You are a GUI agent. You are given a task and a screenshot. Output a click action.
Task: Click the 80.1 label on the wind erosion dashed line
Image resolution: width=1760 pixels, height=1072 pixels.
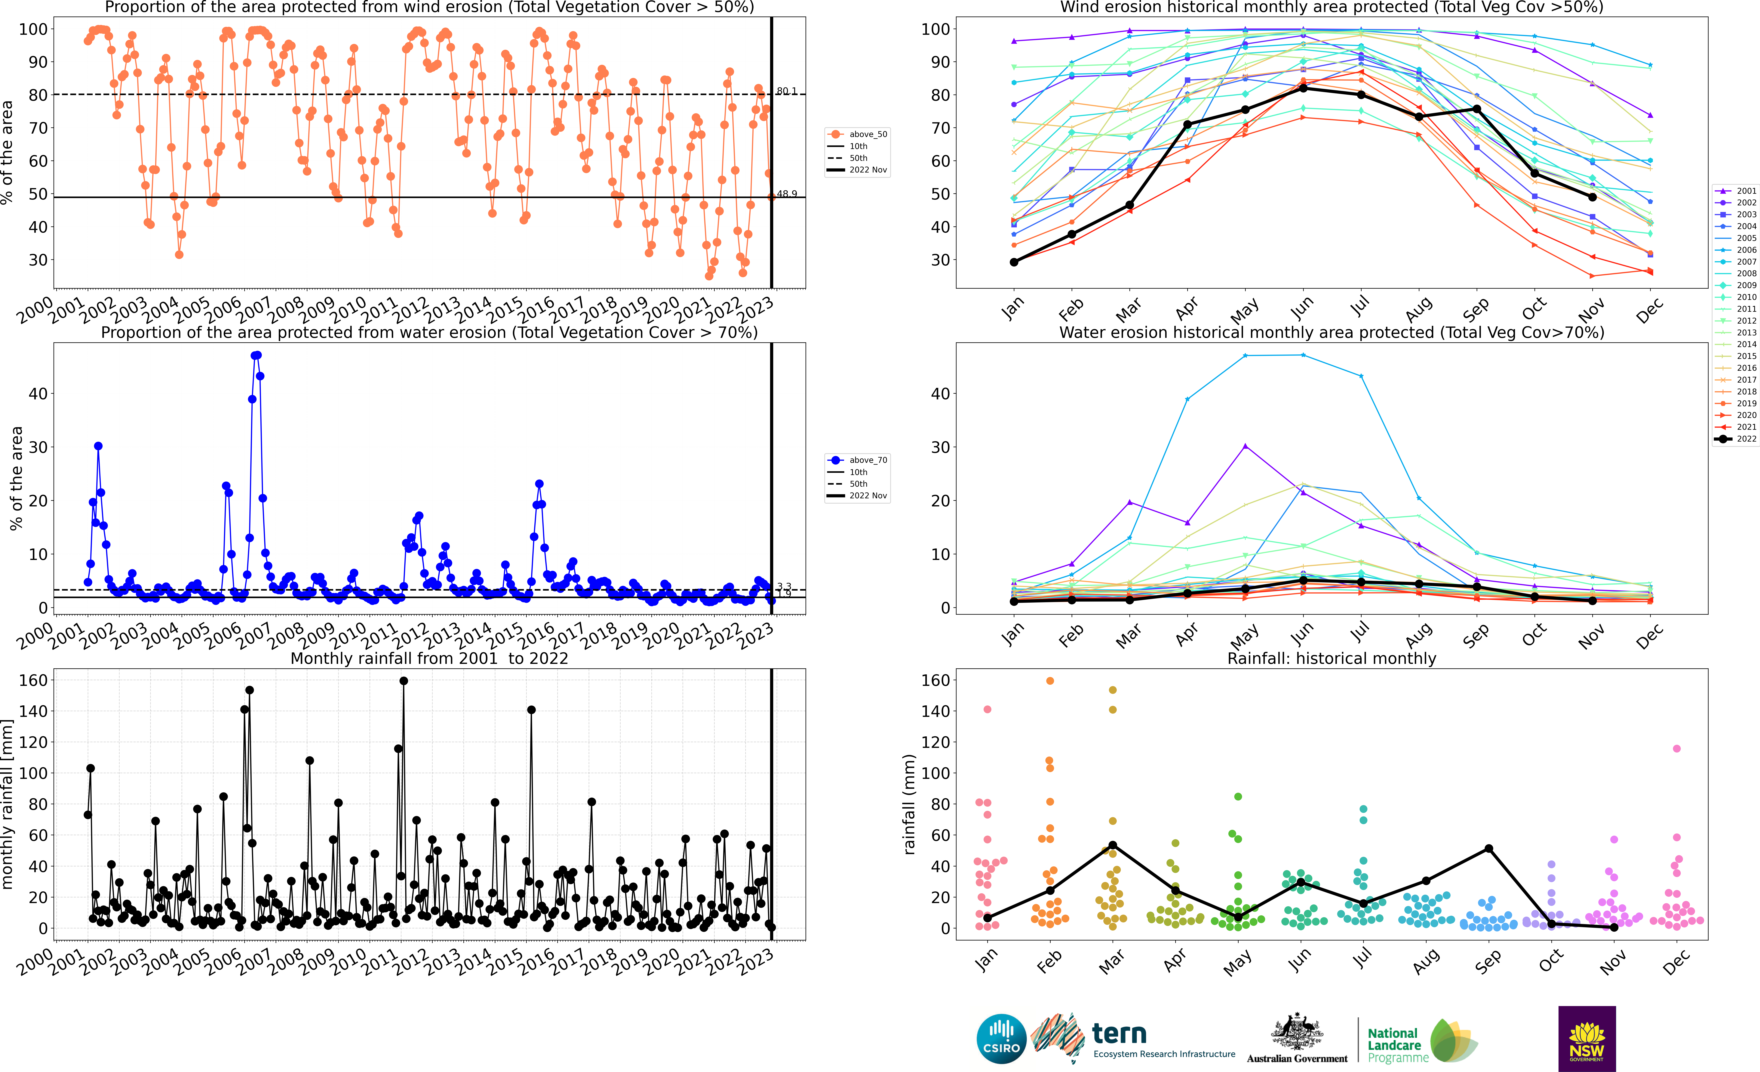pos(786,91)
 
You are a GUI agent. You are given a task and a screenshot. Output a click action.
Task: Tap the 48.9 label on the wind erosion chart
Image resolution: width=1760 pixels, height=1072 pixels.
pos(786,194)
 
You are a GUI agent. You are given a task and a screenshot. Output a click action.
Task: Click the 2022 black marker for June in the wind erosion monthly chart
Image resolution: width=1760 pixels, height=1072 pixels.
pos(1303,88)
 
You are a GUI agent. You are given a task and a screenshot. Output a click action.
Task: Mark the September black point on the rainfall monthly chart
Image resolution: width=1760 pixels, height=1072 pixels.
pos(1488,848)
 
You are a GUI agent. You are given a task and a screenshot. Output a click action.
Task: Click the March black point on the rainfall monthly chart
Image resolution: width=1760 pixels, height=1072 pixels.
pos(1112,845)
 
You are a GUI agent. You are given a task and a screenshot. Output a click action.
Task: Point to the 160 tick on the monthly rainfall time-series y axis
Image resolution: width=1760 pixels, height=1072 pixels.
pos(34,680)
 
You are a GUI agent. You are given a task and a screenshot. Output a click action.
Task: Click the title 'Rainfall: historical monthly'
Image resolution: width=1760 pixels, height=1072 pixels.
pos(1332,658)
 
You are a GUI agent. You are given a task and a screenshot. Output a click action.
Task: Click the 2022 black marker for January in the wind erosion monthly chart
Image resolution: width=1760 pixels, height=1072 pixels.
pos(1014,262)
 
